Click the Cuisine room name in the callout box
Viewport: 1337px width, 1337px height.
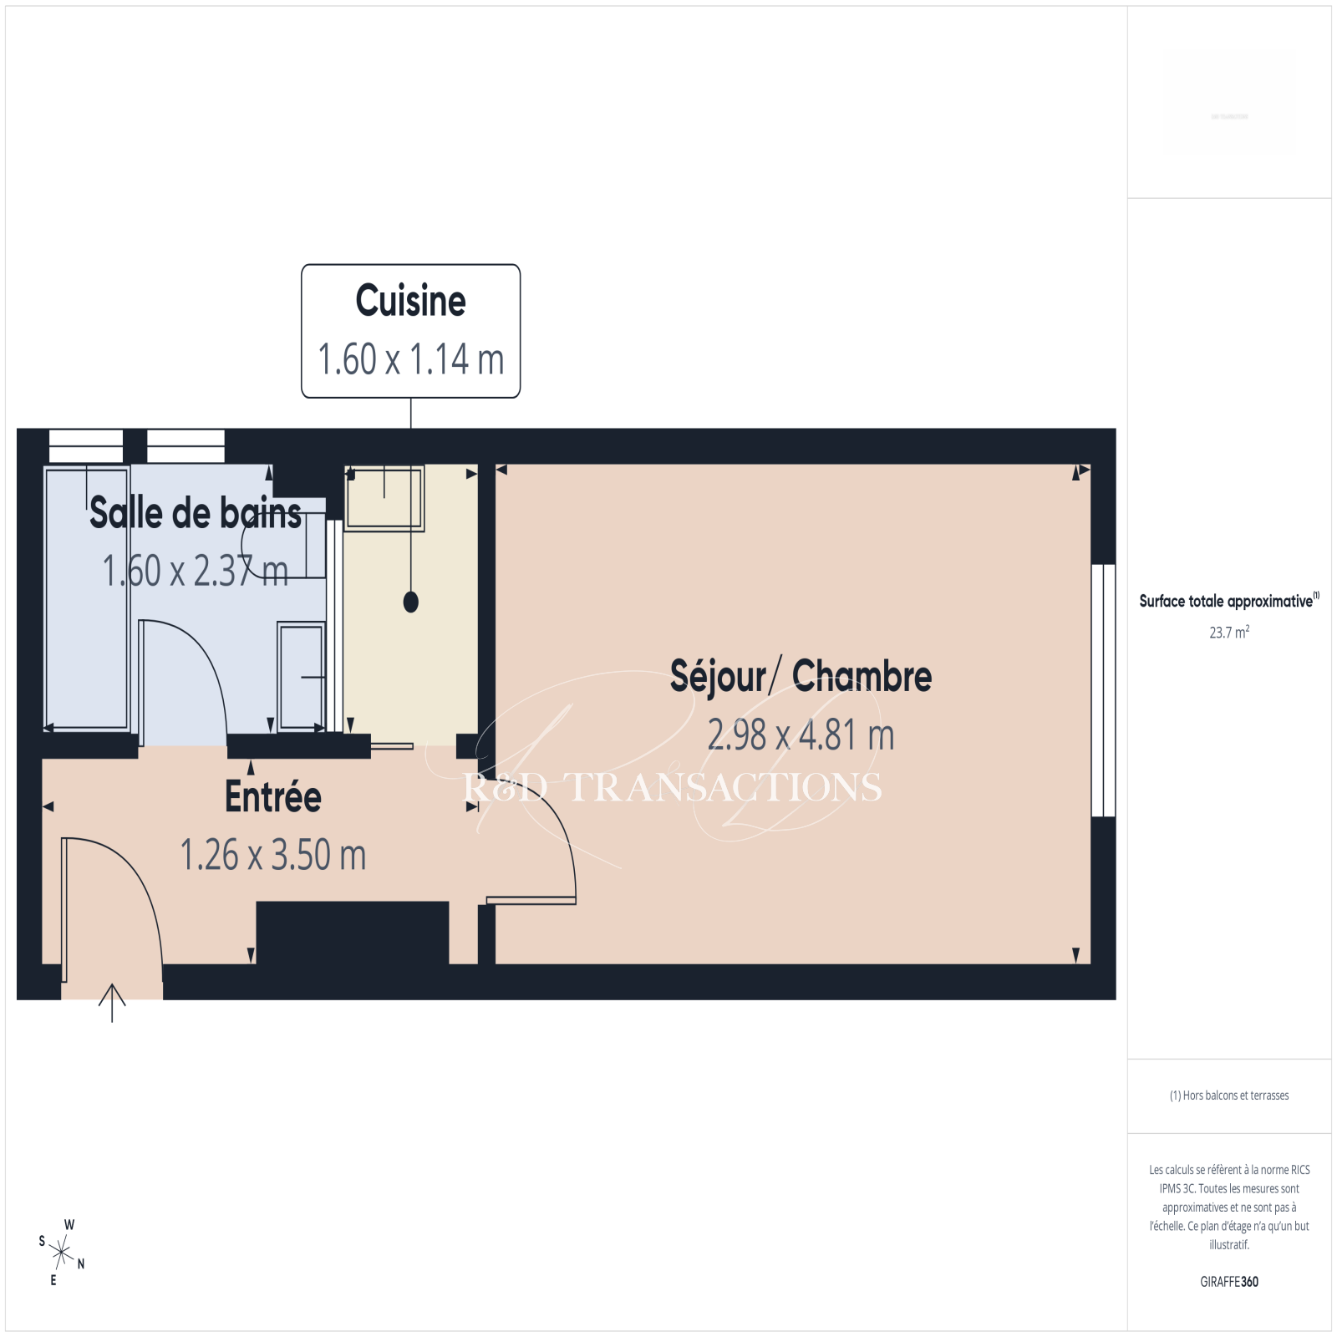tap(410, 301)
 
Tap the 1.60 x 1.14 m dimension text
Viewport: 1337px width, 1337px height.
tap(410, 359)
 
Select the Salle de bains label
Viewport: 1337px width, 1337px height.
tap(196, 512)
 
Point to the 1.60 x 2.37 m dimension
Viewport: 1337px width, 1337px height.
tap(196, 571)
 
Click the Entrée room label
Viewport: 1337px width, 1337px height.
tap(273, 796)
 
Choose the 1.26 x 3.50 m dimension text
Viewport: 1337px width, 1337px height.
tap(273, 855)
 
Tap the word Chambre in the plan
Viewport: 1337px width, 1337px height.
tap(862, 676)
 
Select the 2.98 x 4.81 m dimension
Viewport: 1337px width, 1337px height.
tap(801, 735)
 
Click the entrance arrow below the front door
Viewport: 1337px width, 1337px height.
tap(112, 1003)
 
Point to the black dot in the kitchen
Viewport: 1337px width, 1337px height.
tap(410, 602)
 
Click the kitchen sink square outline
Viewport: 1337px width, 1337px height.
tap(384, 498)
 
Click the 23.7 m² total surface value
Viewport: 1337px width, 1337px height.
tap(1229, 632)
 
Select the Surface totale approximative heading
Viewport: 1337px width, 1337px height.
tap(1228, 600)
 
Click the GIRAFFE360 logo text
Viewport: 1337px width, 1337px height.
tap(1229, 1282)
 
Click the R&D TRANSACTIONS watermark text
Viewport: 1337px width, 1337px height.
tap(673, 787)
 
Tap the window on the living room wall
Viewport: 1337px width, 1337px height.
tap(1104, 690)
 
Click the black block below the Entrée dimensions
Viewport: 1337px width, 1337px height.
tap(353, 933)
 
